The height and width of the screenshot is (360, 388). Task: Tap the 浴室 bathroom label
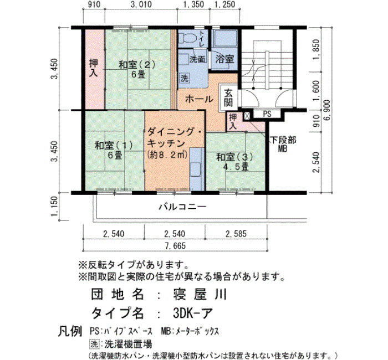[x=224, y=59]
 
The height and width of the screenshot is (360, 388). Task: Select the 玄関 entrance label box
[x=228, y=97]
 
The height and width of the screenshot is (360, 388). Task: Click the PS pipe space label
[x=267, y=114]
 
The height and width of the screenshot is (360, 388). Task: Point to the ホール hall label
[x=199, y=99]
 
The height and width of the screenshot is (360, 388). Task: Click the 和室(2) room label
[x=137, y=65]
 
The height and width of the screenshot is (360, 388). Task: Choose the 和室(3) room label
[x=234, y=157]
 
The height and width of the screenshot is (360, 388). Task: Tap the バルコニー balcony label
[x=182, y=207]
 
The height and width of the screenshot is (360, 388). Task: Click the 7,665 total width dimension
[x=175, y=245]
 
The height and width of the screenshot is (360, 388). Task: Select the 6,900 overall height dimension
[x=327, y=110]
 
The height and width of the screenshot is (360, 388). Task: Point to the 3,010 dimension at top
[x=141, y=4]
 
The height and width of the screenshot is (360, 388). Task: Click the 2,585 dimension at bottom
[x=236, y=234]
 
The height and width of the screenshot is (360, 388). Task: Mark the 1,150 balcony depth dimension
[x=54, y=206]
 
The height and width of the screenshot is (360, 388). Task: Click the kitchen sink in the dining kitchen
[x=196, y=169]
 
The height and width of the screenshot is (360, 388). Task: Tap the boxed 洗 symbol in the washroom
[x=185, y=79]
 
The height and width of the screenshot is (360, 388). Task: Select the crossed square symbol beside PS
[x=247, y=116]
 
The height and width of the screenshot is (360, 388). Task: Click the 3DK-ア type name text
[x=192, y=313]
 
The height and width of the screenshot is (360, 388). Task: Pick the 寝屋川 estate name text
[x=200, y=294]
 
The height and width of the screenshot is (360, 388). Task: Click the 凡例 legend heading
[x=70, y=331]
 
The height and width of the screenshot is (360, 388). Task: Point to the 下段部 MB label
[x=283, y=144]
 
